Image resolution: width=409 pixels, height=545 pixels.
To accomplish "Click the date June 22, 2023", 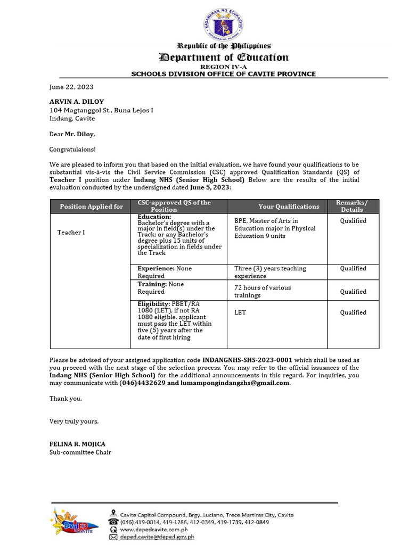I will point(71,87).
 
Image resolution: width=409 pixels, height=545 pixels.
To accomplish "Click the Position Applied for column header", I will point(91,207).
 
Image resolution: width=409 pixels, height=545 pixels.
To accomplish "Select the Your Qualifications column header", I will point(289,207).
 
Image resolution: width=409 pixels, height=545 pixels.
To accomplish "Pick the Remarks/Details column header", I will point(352,206).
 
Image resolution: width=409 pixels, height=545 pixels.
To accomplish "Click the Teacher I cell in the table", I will point(71,232).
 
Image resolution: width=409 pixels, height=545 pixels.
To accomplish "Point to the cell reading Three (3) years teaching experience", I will point(270,272).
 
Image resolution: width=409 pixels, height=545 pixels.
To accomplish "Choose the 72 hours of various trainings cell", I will point(263,291).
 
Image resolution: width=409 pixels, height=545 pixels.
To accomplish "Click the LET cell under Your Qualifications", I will point(240,312).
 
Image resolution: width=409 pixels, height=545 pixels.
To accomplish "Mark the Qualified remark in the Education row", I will point(353,220).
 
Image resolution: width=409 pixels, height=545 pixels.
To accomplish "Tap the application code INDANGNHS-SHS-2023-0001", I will point(247,360).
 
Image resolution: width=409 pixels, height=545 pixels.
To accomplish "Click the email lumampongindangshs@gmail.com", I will point(235,383).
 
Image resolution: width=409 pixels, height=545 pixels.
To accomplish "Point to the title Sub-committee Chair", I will point(80,452).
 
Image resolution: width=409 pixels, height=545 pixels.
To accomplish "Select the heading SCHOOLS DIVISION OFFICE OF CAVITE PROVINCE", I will point(224,74).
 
